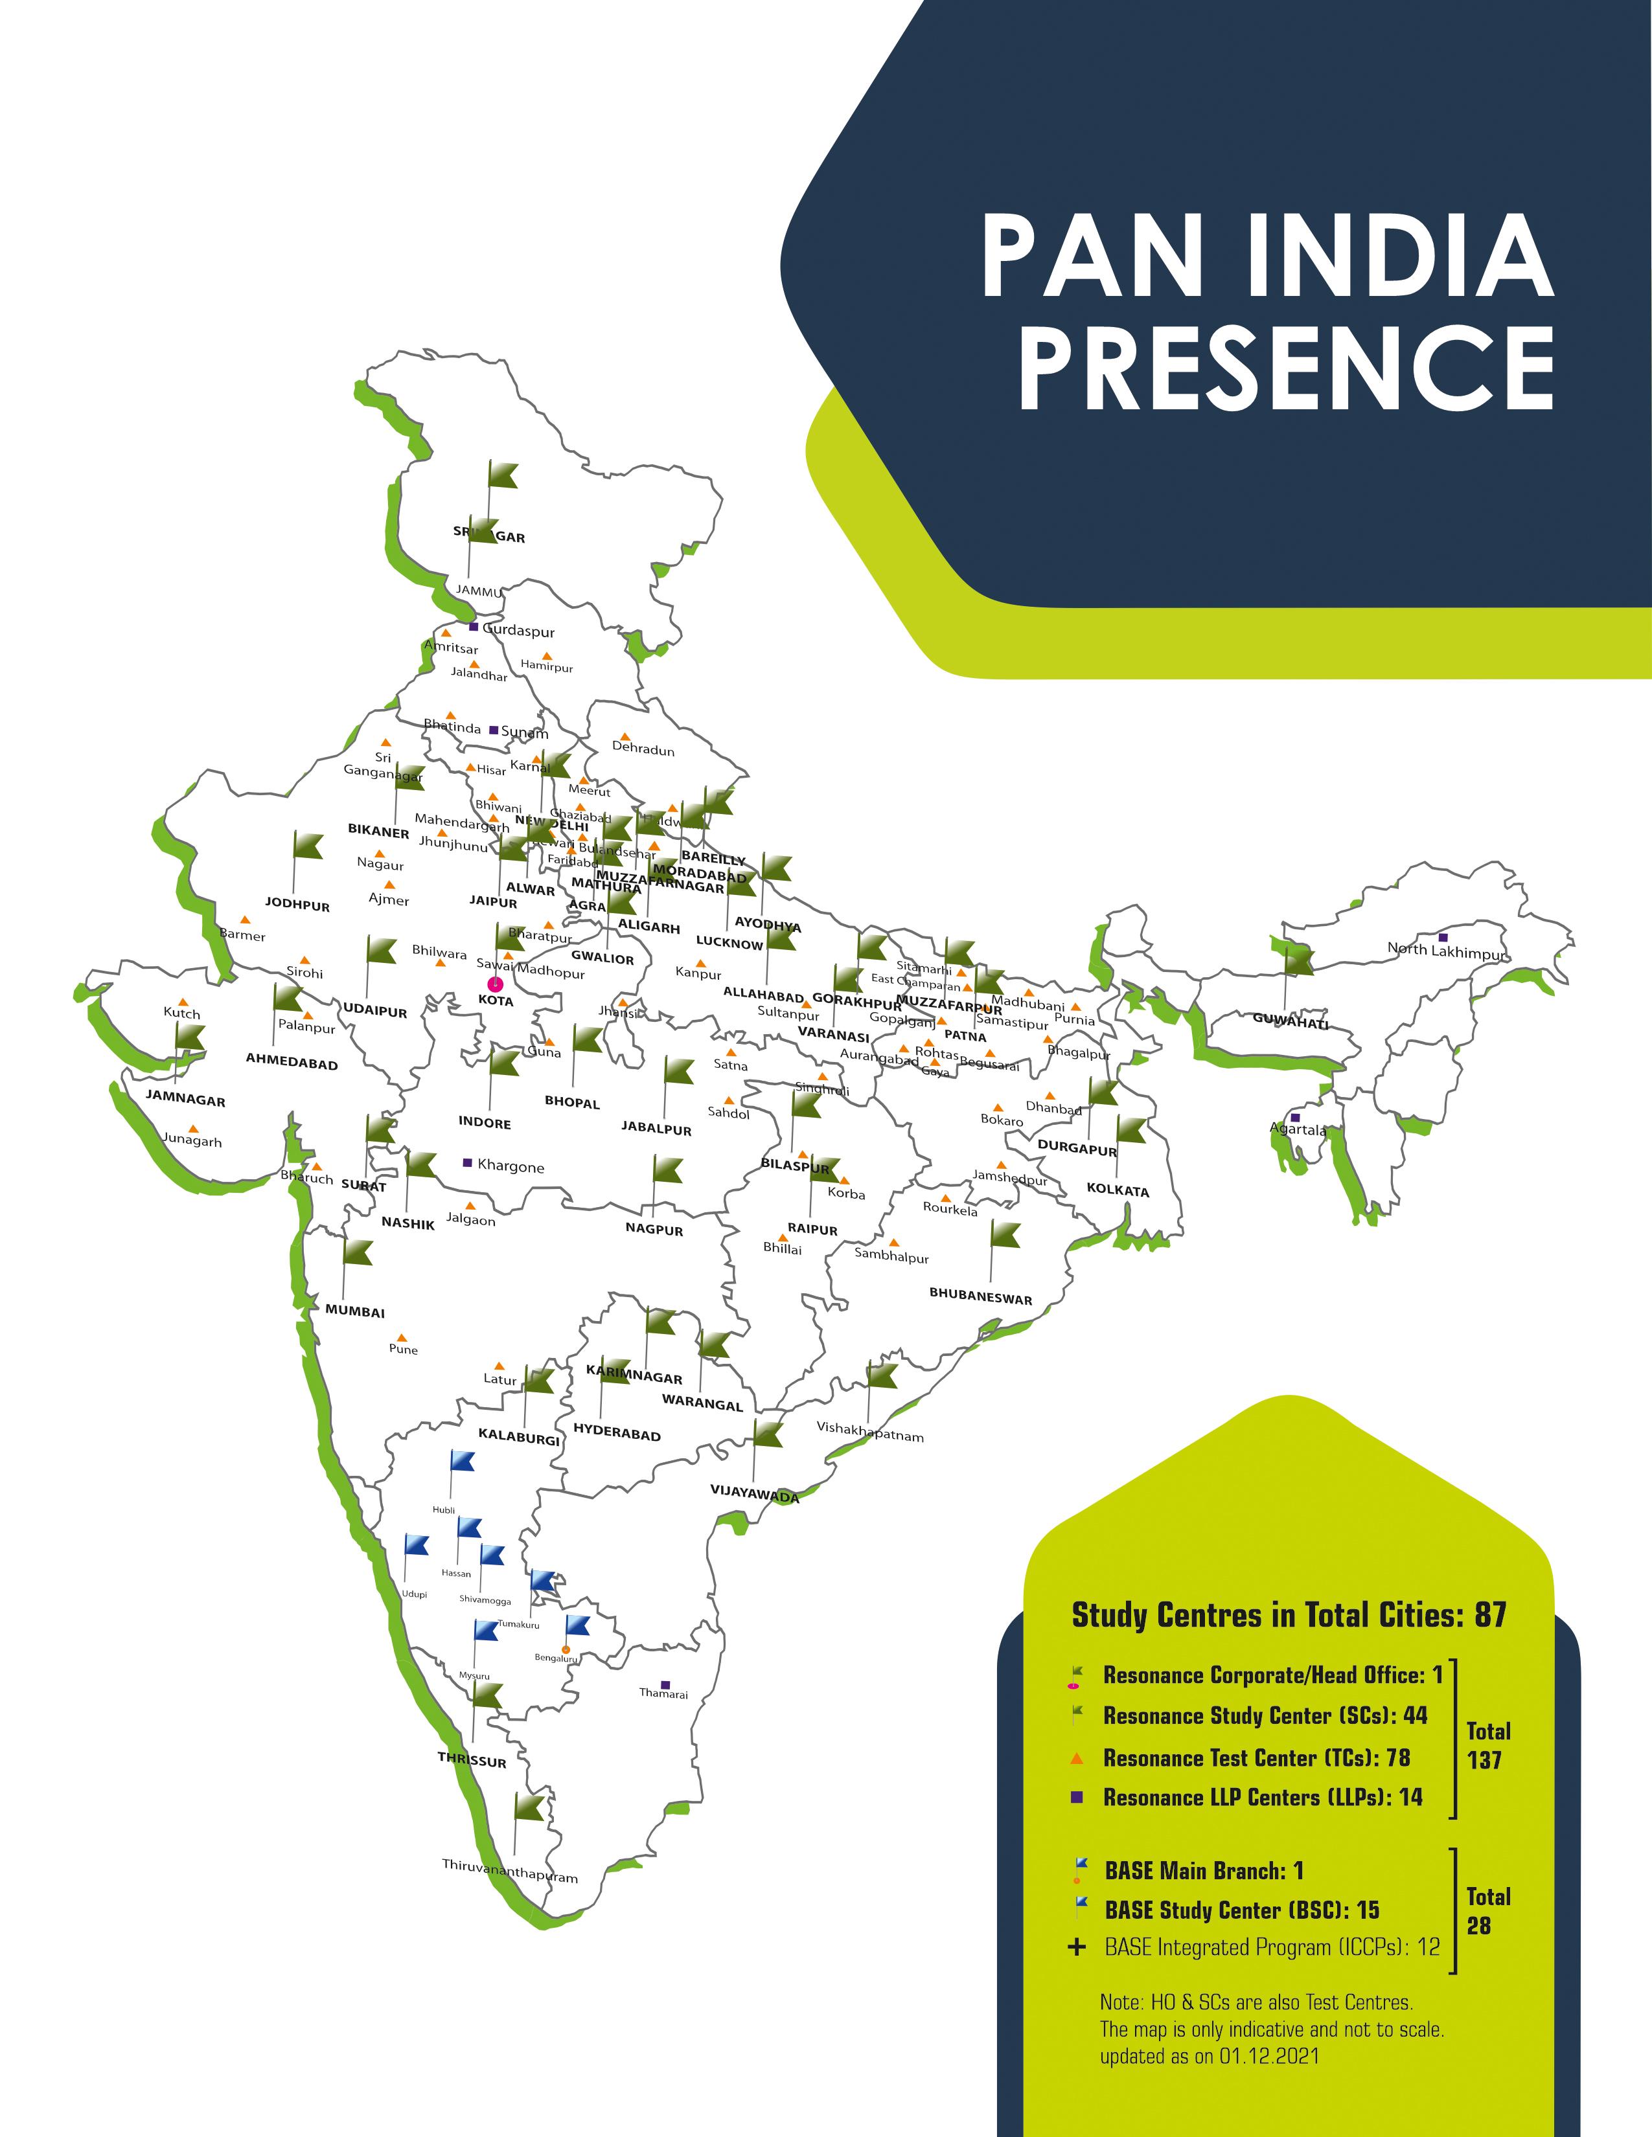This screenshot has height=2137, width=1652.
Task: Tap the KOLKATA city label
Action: [1118, 1191]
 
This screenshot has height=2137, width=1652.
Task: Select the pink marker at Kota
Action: [495, 984]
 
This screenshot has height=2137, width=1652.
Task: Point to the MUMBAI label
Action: [355, 1312]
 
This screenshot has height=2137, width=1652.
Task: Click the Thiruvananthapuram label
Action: [510, 1871]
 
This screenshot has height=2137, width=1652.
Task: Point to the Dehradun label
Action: [643, 749]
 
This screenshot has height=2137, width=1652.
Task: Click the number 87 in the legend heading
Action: [1489, 1614]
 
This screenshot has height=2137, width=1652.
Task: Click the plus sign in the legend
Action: [1077, 1947]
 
